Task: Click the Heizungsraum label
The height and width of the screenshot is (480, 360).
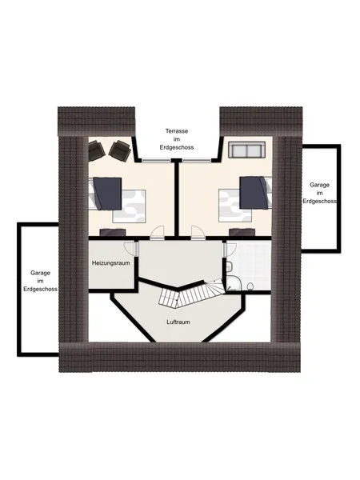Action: click(111, 263)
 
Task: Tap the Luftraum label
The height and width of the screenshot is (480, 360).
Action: click(178, 322)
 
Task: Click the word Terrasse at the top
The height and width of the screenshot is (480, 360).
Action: click(177, 131)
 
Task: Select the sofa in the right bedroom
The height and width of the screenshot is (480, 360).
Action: click(246, 150)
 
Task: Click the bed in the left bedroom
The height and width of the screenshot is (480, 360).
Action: click(117, 199)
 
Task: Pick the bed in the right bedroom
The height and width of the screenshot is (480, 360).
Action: click(245, 199)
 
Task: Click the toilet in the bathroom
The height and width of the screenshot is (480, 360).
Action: click(250, 286)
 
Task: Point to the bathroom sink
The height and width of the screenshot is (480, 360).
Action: click(228, 266)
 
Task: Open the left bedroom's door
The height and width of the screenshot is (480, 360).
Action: click(158, 232)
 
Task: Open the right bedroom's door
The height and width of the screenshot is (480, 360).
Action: click(198, 232)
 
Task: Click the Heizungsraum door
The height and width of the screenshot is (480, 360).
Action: click(131, 249)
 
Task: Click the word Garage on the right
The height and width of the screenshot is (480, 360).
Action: click(319, 185)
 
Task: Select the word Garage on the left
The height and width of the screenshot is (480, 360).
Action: click(40, 273)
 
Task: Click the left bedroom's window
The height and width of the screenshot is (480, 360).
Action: click(156, 160)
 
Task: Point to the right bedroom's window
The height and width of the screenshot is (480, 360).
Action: click(197, 160)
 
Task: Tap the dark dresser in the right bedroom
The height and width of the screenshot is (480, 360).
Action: click(242, 232)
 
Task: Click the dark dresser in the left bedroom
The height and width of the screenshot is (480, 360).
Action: click(113, 232)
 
